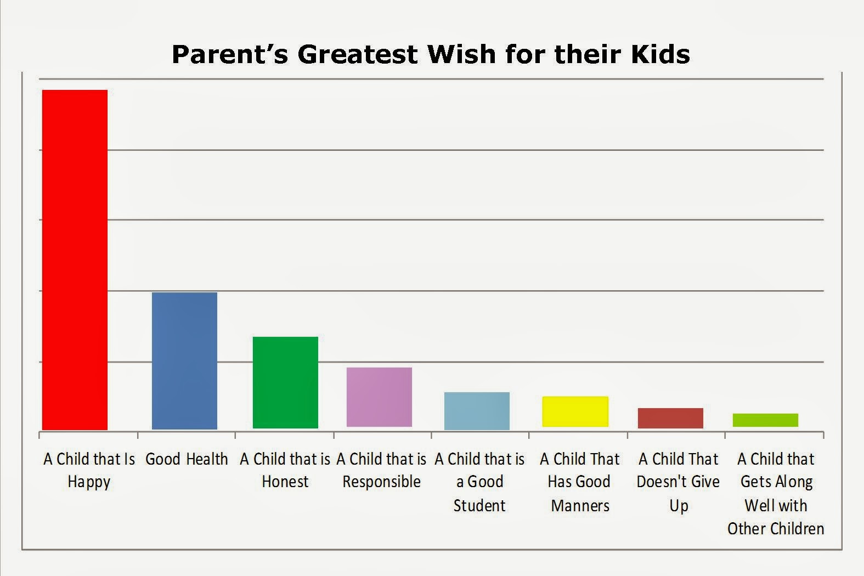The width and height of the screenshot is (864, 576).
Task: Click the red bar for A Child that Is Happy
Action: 75,260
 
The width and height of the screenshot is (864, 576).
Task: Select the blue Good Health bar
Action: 184,360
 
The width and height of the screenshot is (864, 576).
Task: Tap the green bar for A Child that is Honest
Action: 285,382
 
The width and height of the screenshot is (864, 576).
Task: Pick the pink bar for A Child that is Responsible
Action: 380,397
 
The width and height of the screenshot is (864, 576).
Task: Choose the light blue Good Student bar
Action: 477,411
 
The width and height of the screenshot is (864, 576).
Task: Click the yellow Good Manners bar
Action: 575,411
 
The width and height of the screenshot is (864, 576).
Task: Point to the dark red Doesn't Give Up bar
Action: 670,418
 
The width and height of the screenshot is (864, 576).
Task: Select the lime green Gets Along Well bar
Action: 765,420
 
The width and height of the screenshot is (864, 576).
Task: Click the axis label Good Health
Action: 187,459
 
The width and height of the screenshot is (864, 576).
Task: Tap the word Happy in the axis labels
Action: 89,482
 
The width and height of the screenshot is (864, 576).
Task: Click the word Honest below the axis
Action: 285,482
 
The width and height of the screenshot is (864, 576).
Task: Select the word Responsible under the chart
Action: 382,482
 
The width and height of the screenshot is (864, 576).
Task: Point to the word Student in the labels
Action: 479,505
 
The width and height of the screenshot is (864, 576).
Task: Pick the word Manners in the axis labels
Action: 580,505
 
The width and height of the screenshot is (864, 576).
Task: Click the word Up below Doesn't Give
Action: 679,506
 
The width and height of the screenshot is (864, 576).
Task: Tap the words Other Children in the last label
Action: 776,529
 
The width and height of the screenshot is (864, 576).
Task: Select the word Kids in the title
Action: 660,54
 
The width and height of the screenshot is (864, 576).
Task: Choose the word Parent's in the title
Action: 230,54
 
